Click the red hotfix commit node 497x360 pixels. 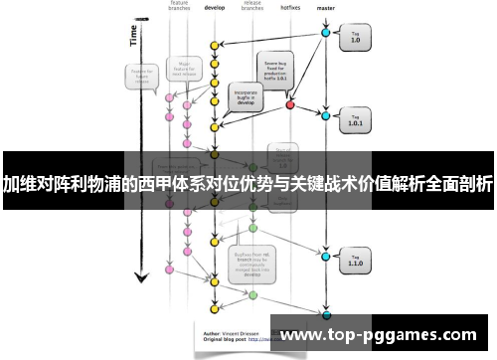click(x=290, y=103)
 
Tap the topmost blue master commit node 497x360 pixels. click(x=325, y=33)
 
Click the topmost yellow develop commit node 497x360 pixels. click(x=214, y=46)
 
